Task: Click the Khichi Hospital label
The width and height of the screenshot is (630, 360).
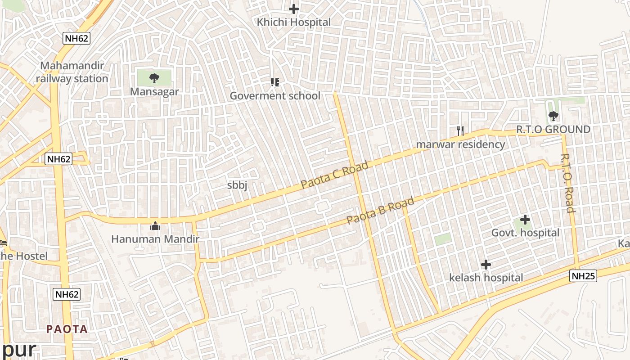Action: click(293, 22)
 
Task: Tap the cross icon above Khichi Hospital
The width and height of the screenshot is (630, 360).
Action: click(294, 9)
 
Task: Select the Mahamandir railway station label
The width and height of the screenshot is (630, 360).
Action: click(72, 72)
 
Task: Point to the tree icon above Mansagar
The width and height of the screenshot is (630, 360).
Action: click(154, 78)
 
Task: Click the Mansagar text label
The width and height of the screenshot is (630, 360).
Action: click(154, 92)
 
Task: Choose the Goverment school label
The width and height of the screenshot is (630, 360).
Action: click(275, 96)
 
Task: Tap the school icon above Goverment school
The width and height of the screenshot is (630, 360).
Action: click(274, 82)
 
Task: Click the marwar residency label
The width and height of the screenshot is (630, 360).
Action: click(460, 144)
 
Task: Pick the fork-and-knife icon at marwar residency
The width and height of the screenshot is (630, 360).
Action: click(460, 131)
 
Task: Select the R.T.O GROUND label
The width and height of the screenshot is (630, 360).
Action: click(553, 130)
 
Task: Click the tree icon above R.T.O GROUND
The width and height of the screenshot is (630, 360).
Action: click(553, 116)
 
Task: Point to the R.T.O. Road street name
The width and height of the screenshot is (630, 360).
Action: click(568, 183)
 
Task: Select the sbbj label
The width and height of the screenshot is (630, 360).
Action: click(237, 185)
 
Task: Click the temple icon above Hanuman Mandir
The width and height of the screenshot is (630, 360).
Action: click(155, 225)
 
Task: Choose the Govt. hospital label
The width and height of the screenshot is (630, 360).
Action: click(525, 233)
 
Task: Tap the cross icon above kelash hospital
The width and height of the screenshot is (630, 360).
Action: click(486, 265)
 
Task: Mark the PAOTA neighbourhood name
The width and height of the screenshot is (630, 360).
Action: click(67, 329)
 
